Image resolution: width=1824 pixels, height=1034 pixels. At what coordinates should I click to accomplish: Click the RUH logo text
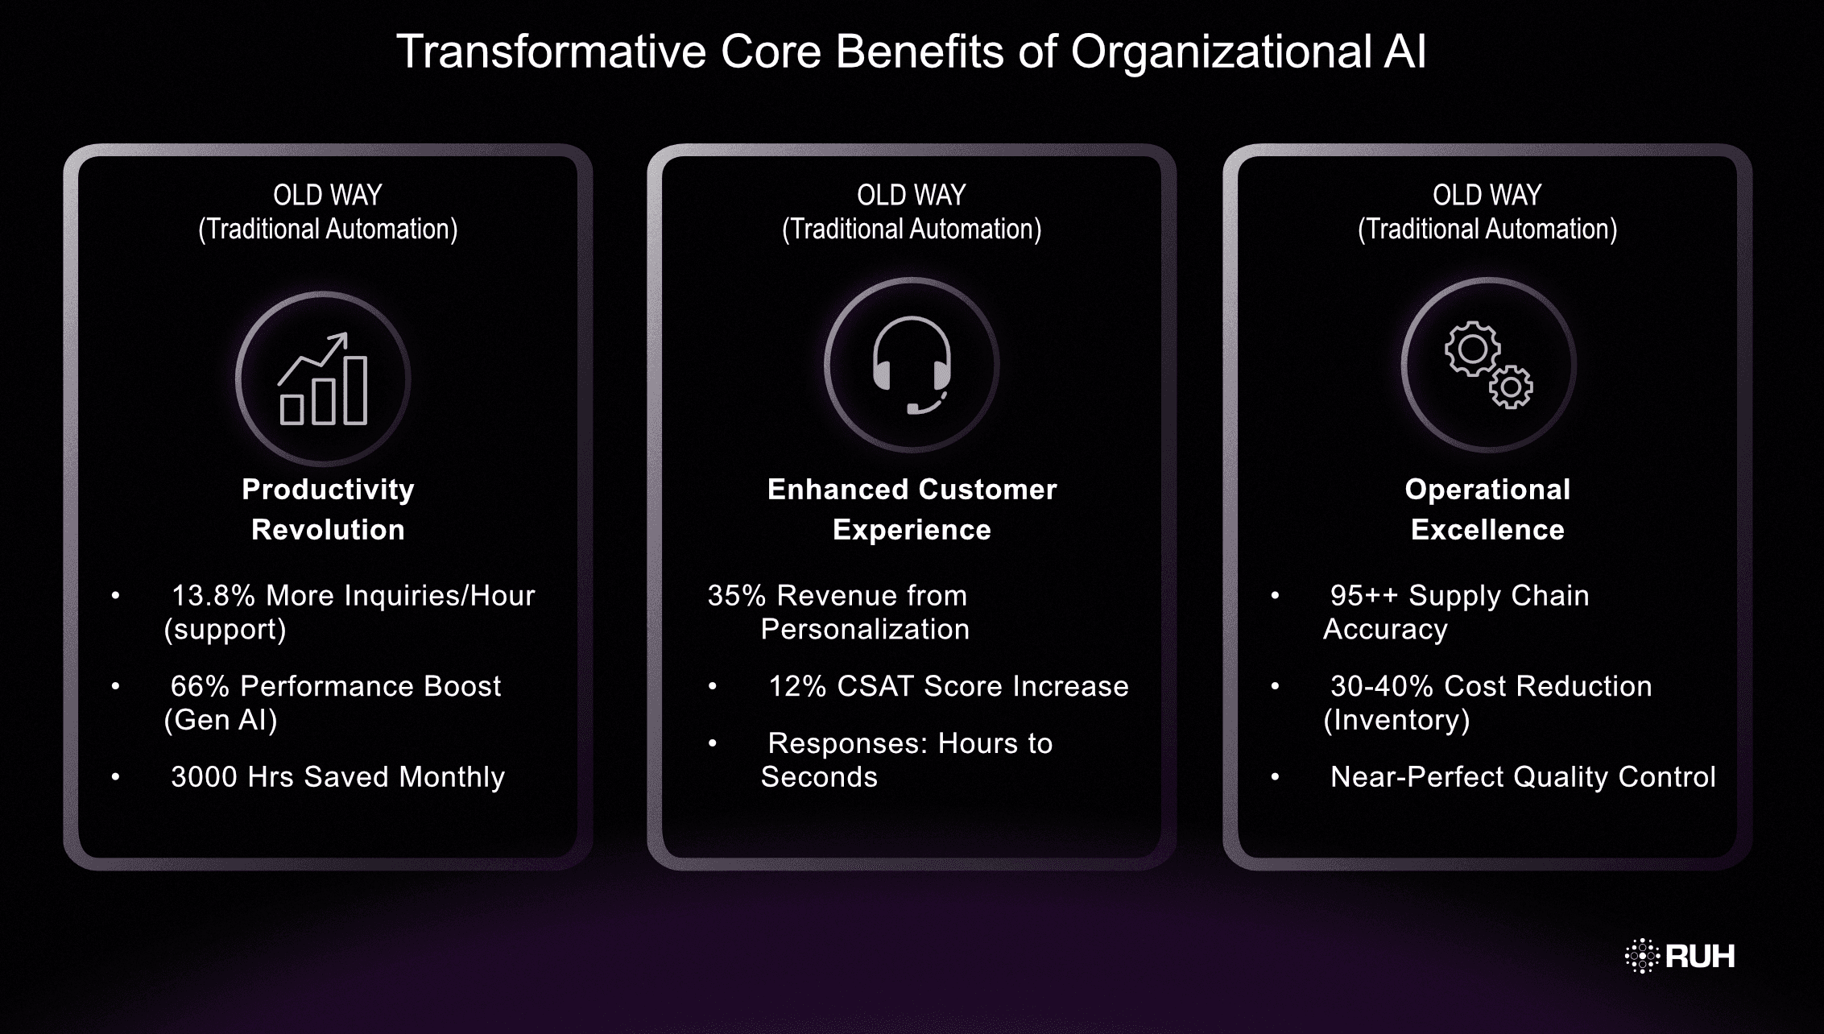point(1699,956)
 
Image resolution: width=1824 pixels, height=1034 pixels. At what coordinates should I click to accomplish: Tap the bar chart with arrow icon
point(323,379)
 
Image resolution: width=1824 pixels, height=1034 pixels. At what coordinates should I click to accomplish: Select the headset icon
point(912,365)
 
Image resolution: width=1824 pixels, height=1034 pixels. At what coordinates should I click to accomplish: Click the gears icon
point(1488,365)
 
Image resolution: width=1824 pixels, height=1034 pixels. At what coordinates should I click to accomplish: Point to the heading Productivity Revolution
point(328,509)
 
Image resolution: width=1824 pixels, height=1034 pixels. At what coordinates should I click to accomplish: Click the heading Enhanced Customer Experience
point(912,509)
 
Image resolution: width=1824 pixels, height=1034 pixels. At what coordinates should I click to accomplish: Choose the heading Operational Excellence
point(1487,509)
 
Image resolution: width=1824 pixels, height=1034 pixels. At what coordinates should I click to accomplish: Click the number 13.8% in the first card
point(213,596)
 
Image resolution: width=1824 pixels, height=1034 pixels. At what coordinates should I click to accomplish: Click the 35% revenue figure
point(736,596)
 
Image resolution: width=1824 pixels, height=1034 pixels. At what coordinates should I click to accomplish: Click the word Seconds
point(819,777)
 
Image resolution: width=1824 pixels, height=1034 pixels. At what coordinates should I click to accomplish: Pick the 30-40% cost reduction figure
point(1382,686)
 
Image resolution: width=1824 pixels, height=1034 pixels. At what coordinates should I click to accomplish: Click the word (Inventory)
point(1396,720)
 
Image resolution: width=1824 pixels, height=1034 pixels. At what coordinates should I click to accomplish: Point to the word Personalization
point(865,630)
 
